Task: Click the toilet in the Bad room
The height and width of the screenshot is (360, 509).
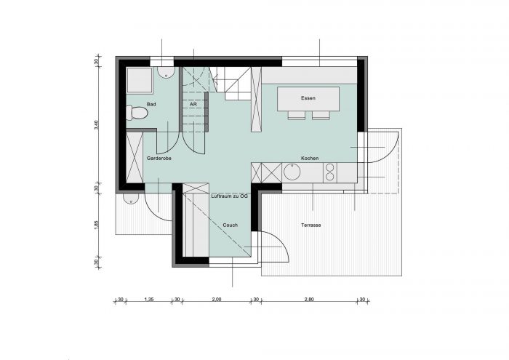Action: point(137,113)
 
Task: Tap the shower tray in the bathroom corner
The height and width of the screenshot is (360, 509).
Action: point(140,80)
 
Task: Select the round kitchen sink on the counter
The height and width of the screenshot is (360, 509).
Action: point(292,172)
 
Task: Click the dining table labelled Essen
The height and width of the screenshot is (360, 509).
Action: point(308,99)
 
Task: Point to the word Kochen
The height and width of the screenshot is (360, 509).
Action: point(310,158)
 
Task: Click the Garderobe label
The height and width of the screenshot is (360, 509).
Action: point(159,159)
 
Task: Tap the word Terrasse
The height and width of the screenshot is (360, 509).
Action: point(311,225)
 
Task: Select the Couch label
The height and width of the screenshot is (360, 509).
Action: point(231,225)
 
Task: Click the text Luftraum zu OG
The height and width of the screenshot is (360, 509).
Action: point(230,196)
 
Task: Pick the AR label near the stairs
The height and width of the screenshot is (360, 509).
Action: point(193,104)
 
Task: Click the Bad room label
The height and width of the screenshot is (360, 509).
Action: point(151,104)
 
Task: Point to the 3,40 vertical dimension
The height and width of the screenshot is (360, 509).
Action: point(96,125)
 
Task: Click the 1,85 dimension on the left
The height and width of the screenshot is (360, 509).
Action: point(96,225)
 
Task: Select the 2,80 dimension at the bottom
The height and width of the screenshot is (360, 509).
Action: point(309,300)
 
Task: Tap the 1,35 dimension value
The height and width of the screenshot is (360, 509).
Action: point(148,300)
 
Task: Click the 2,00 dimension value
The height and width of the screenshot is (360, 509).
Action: point(217,300)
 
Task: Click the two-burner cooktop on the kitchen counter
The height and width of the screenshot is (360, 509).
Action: point(330,172)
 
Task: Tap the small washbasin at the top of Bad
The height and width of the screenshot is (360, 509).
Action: point(167,73)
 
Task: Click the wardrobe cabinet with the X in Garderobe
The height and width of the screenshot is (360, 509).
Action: point(135,157)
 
